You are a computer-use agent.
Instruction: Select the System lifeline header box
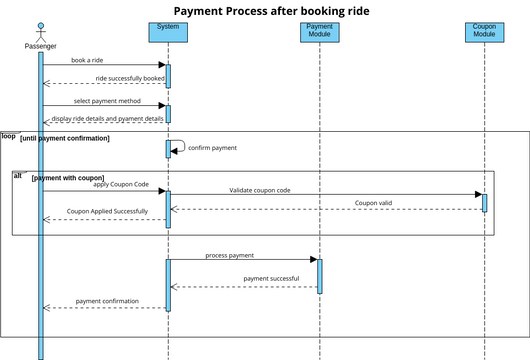(x=168, y=31)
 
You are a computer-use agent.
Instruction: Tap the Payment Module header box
(x=319, y=31)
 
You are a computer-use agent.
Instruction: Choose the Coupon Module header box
(x=484, y=31)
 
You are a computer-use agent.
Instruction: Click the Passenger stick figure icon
(x=41, y=30)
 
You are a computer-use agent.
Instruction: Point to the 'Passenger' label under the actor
(x=41, y=46)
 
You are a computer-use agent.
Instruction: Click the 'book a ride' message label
(x=87, y=60)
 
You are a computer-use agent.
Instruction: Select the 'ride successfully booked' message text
(x=129, y=78)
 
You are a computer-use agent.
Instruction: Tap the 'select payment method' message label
(x=107, y=100)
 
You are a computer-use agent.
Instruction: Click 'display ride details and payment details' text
(x=107, y=118)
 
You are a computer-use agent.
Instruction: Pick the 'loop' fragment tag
(x=8, y=135)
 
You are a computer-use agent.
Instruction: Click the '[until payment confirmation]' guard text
(x=65, y=138)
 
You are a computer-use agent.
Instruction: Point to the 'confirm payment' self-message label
(x=212, y=148)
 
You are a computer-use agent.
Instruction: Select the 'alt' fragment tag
(x=18, y=175)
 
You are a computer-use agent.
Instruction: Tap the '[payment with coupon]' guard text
(x=67, y=178)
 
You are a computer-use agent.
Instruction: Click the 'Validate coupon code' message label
(x=259, y=189)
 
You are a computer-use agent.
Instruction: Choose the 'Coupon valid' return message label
(x=374, y=203)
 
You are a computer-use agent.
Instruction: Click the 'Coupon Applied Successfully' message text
(x=107, y=212)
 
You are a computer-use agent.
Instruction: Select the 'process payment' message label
(x=229, y=255)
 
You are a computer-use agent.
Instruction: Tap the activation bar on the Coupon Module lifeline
(x=484, y=202)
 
